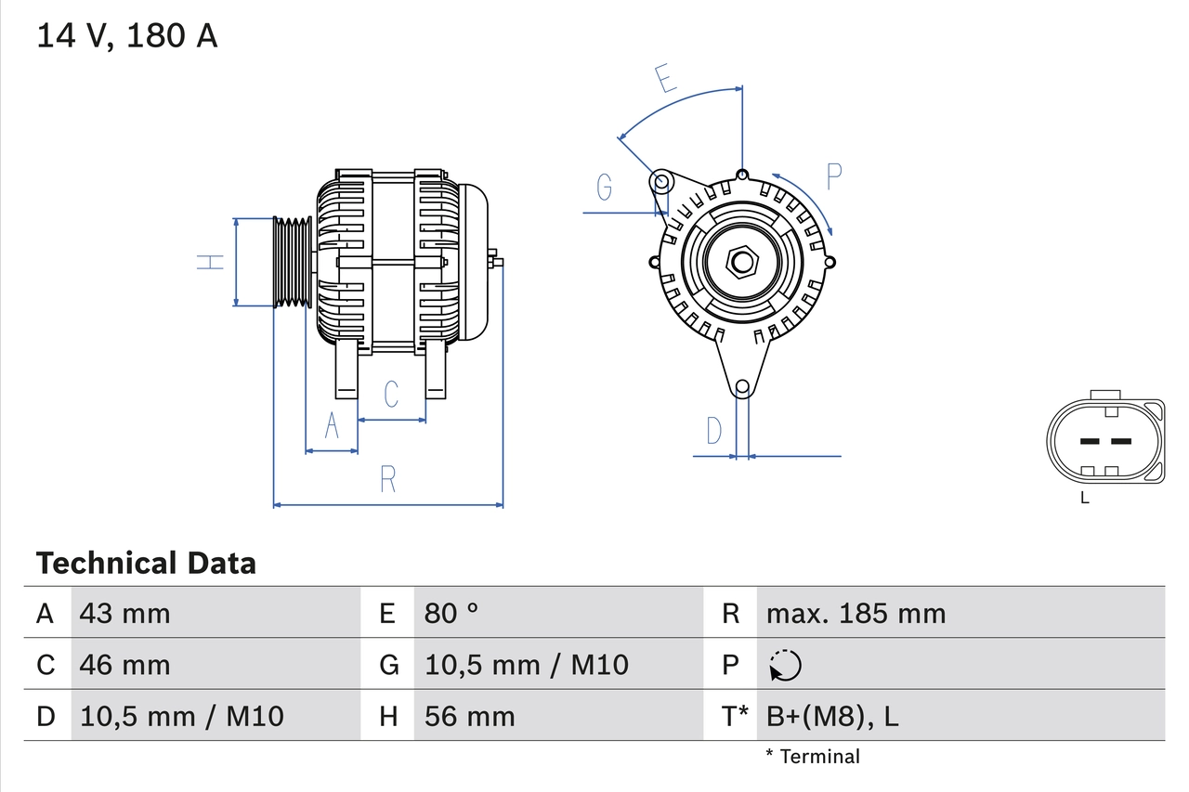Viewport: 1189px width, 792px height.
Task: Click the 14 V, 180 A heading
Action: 127,36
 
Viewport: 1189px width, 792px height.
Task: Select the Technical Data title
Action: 146,563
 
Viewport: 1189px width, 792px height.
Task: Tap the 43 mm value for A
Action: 125,613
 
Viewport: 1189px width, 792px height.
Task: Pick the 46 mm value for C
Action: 125,665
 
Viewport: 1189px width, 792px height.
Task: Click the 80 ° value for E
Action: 451,613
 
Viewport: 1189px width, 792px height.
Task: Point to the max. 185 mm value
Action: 856,613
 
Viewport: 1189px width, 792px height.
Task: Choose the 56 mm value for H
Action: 469,716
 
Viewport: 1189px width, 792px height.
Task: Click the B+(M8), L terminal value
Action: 832,716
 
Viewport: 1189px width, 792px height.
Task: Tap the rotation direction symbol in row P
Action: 785,665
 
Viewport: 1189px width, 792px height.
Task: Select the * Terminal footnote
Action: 813,756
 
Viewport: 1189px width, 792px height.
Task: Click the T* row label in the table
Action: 735,716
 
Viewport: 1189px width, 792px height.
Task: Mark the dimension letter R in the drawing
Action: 388,480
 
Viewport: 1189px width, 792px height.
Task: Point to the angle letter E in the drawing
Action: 664,80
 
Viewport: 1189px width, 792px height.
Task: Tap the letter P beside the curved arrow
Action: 833,176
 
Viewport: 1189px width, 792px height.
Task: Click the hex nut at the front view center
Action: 740,262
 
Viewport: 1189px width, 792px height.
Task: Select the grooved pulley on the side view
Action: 293,262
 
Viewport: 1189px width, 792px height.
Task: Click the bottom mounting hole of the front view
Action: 741,387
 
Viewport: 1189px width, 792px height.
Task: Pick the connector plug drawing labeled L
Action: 1104,441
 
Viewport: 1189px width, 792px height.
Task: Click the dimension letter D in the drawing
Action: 713,431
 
